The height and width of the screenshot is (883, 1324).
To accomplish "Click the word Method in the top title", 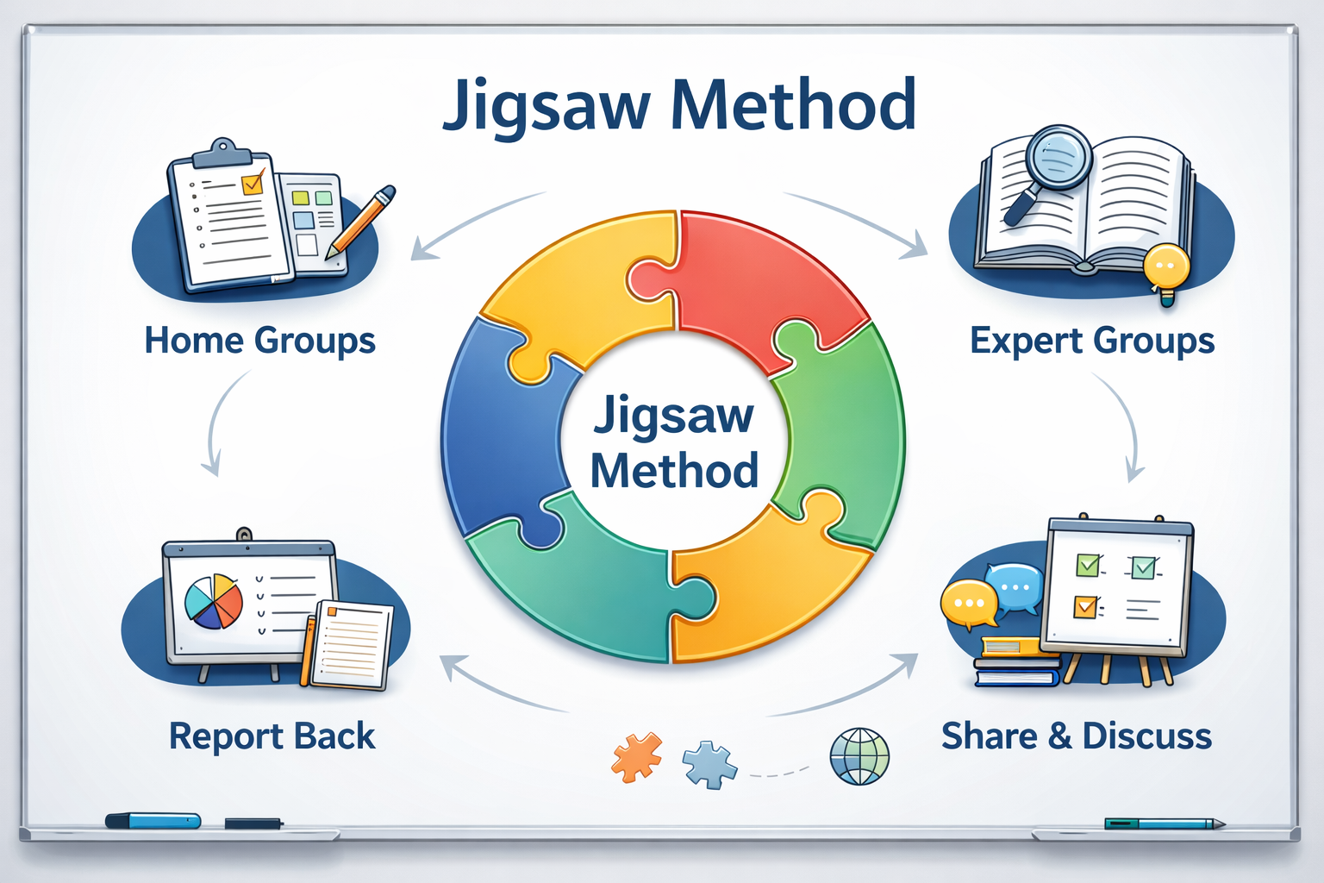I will (x=793, y=105).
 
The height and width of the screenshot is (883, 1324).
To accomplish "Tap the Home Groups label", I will (x=259, y=341).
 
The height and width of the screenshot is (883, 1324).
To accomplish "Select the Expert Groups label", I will (x=1092, y=341).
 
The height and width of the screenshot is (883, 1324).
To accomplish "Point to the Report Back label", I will (x=272, y=736).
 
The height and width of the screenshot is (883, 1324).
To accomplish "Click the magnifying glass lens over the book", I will (x=1058, y=157).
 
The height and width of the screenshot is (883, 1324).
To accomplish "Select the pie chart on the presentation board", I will (x=214, y=601).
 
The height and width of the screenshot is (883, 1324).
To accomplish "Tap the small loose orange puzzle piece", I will (x=637, y=757).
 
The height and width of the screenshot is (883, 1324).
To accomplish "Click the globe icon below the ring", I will (x=859, y=756).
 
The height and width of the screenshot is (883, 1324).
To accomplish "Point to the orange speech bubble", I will (x=968, y=602).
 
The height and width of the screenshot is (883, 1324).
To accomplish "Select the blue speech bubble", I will (x=1015, y=586).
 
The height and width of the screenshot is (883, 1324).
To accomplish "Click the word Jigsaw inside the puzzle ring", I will (x=673, y=416).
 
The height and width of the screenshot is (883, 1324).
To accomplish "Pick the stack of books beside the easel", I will (x=1017, y=662).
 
